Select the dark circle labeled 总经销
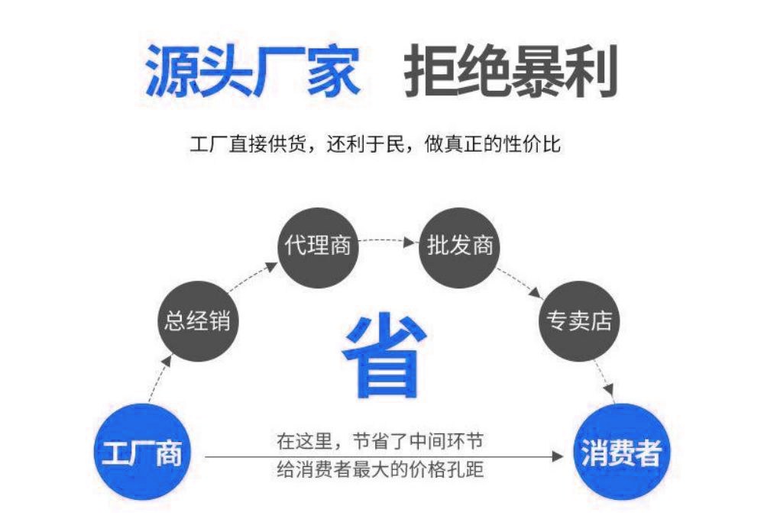197,320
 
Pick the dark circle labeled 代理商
318,246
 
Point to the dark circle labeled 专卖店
577,320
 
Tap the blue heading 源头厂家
252,70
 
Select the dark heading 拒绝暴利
510,70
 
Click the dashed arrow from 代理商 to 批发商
389,241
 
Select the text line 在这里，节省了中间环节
380,441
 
